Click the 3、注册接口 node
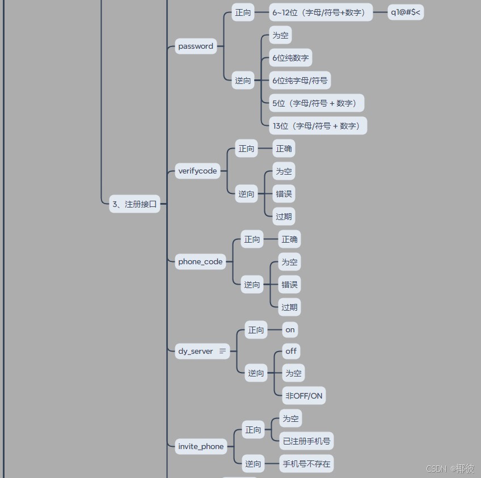click(x=134, y=204)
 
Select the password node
click(x=196, y=46)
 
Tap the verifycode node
click(x=197, y=171)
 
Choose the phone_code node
click(x=200, y=261)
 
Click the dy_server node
click(x=196, y=351)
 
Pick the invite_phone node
click(x=201, y=446)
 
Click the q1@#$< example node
click(x=406, y=12)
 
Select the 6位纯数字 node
click(x=290, y=58)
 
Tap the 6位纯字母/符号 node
click(x=299, y=81)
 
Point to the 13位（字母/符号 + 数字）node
click(x=318, y=126)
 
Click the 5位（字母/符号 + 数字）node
click(x=316, y=103)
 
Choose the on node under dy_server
click(x=290, y=329)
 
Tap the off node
click(x=291, y=351)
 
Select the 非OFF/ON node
click(x=303, y=395)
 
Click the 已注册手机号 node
click(x=307, y=441)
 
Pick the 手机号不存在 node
click(x=306, y=463)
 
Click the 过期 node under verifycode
click(x=284, y=216)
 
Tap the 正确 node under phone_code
click(x=289, y=239)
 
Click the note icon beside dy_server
click(x=222, y=351)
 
